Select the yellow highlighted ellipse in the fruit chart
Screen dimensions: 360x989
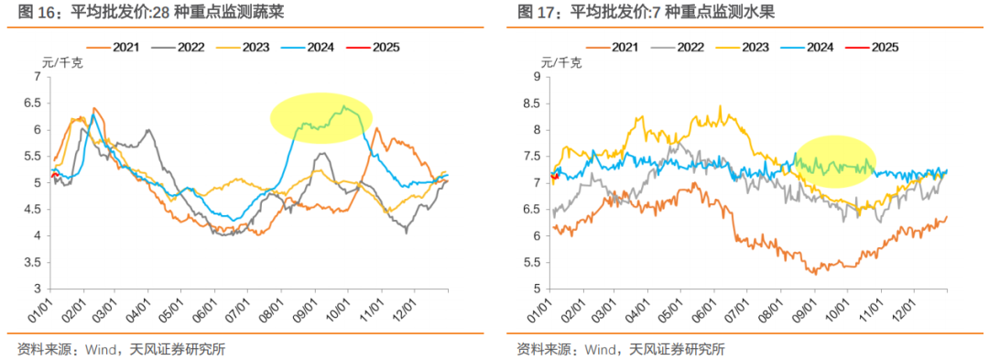point(836,161)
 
